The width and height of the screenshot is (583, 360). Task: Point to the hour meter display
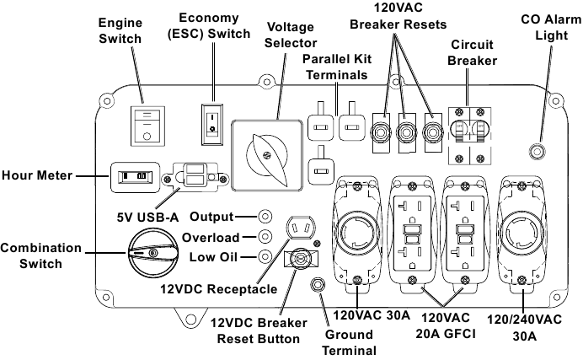point(134,176)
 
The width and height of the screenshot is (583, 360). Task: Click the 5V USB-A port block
point(195,177)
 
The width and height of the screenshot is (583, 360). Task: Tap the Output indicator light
point(265,218)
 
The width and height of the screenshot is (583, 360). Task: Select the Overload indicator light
point(265,237)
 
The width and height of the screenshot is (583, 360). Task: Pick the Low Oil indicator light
point(265,256)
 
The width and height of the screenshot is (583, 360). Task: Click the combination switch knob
point(147,252)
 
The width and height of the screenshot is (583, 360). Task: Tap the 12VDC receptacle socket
point(301,228)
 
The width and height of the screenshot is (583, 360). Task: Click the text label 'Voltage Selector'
point(291,35)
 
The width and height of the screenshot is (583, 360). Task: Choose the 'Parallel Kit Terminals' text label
point(334,67)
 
